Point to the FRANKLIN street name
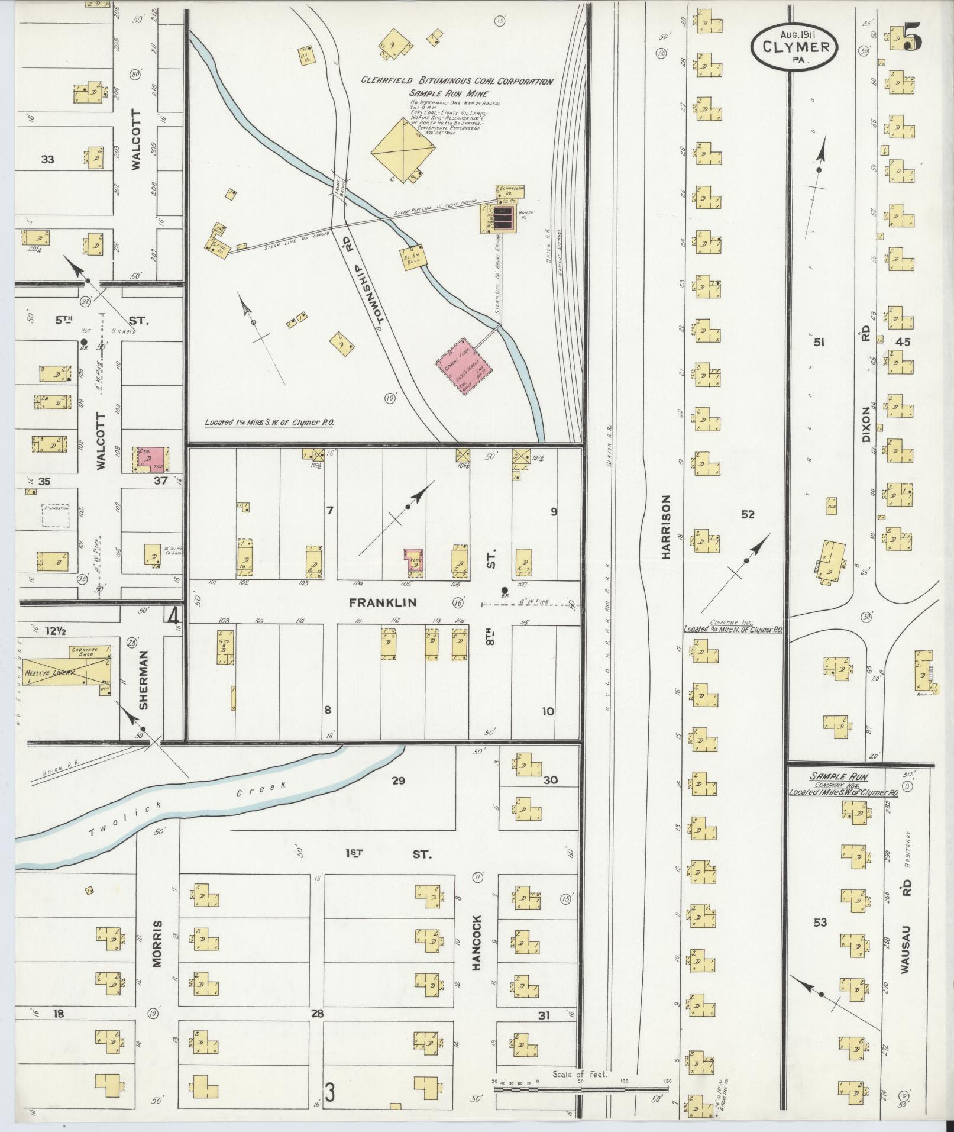click(x=383, y=602)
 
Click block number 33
click(x=48, y=159)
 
